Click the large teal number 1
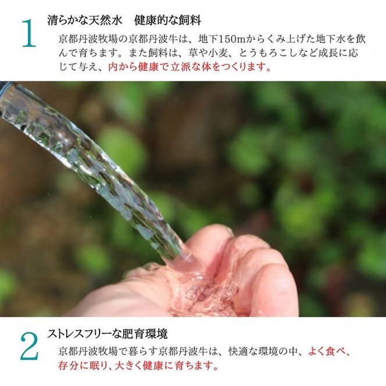point(28,34)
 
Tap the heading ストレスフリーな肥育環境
point(107,334)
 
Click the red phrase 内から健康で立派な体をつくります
point(190,67)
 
